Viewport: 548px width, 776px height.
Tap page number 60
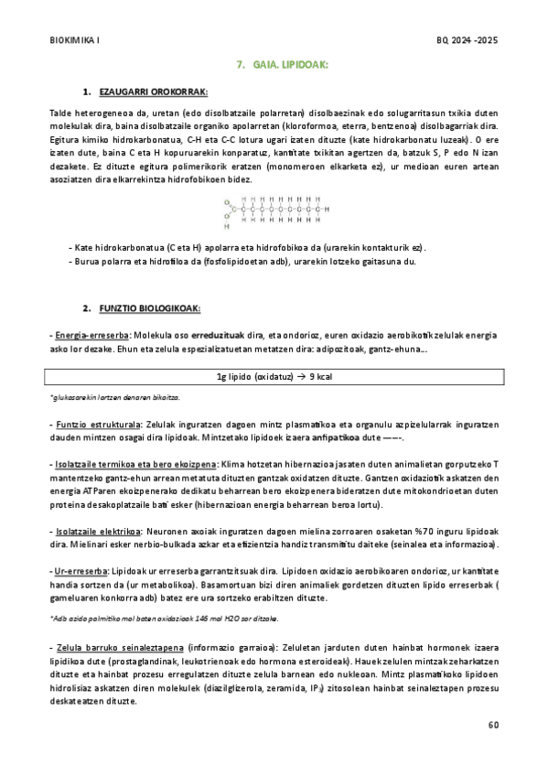pyautogui.click(x=494, y=725)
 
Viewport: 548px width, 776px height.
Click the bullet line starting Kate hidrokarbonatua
pyautogui.click(x=248, y=248)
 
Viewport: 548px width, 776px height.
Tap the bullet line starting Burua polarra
pyautogui.click(x=242, y=262)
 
